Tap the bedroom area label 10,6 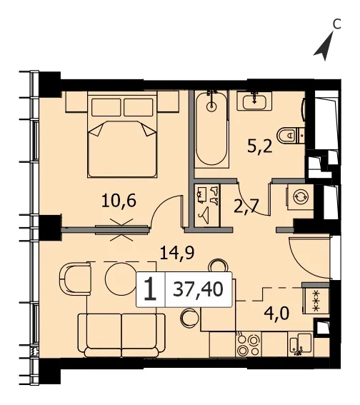(x=119, y=201)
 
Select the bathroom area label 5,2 (x=260, y=147)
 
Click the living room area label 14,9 (x=177, y=253)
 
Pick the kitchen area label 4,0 (x=276, y=314)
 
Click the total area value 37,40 (x=198, y=289)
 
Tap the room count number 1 (x=150, y=289)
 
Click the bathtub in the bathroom (x=211, y=129)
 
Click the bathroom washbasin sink (x=254, y=101)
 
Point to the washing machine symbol (x=300, y=197)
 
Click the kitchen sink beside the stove (x=301, y=344)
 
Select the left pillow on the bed (x=106, y=107)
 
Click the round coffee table (x=119, y=277)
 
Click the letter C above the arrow (x=336, y=24)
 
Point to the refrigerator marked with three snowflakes (x=316, y=301)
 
